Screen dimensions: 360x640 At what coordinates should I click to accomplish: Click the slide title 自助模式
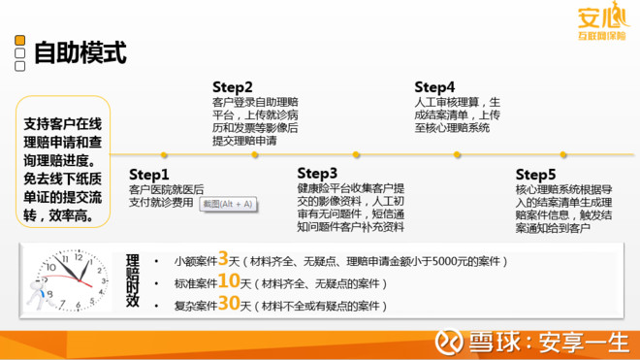coord(80,52)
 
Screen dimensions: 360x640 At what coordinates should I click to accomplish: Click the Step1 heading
coord(149,174)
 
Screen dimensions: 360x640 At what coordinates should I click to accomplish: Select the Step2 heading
coord(233,86)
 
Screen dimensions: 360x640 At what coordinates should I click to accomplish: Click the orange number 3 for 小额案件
coord(222,259)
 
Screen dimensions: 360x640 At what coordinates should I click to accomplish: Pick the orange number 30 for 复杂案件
coord(229,305)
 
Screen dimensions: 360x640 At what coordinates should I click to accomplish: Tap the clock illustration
coord(69,281)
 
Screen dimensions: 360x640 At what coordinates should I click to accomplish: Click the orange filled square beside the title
coord(19,41)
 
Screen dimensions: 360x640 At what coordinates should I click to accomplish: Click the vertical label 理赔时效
coord(133,280)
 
